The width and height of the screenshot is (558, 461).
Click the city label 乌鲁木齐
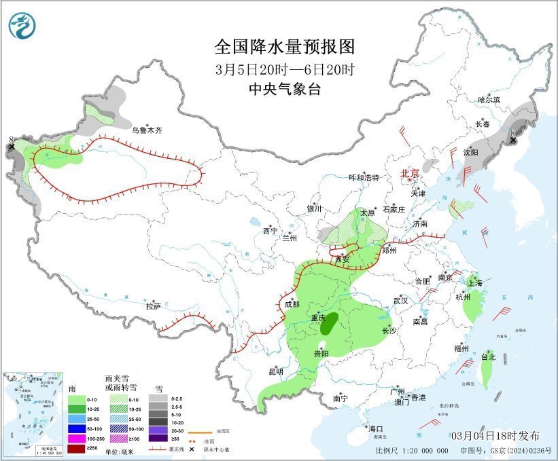coord(147,130)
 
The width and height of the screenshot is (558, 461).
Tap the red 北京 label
coord(410,173)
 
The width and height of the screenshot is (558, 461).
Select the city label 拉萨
coord(154,306)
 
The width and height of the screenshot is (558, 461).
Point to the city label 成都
coord(291,304)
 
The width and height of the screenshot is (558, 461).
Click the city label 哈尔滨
coord(488,100)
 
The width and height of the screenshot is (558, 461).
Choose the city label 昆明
coord(275,371)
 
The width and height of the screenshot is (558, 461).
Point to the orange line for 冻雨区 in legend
coord(201,431)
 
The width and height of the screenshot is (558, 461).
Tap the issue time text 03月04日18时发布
coord(495,435)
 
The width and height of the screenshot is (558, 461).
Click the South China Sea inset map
coord(34,413)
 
